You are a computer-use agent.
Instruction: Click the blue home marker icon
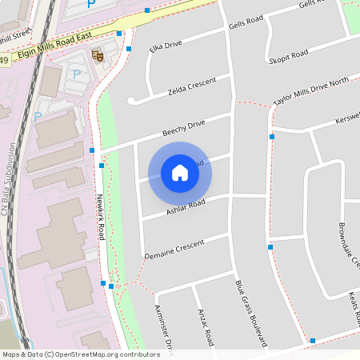pos(180,173)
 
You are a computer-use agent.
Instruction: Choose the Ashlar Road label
pos(186,207)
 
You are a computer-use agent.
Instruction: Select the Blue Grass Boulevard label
pos(250,313)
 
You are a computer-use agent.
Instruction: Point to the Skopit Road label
pos(290,55)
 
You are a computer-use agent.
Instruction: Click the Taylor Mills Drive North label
pos(311,92)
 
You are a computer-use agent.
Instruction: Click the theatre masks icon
pos(98,55)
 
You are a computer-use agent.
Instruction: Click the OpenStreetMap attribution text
pos(81,354)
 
